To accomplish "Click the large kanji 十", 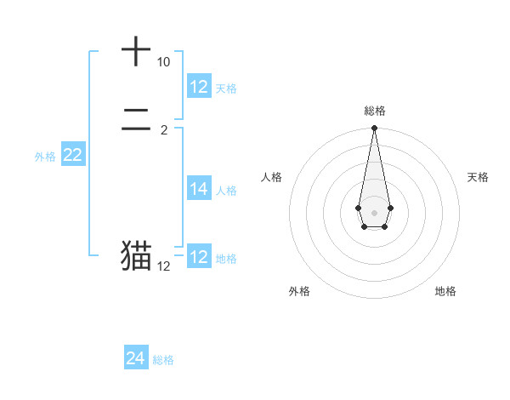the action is (136, 52).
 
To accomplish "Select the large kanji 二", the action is (136, 127).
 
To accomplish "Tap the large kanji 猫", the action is (136, 256).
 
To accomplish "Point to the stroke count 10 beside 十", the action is (163, 63).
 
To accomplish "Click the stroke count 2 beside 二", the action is (163, 131).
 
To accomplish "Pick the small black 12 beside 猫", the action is (163, 266).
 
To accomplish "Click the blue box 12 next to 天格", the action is (199, 87).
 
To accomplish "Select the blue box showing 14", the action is (199, 189).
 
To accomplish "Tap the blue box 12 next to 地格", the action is (199, 257).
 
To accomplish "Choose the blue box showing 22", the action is (73, 155).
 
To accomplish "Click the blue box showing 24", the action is (136, 358).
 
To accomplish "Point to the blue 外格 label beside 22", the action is (45, 157).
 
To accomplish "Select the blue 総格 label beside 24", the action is (164, 360).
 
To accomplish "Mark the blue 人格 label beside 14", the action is (226, 191).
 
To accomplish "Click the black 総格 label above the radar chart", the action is (374, 111).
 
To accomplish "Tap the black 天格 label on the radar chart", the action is (478, 177).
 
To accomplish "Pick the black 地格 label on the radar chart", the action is (445, 292).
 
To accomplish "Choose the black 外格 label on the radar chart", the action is (299, 292).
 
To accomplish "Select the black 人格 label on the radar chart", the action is (271, 177).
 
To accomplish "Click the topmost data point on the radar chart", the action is (374, 129).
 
